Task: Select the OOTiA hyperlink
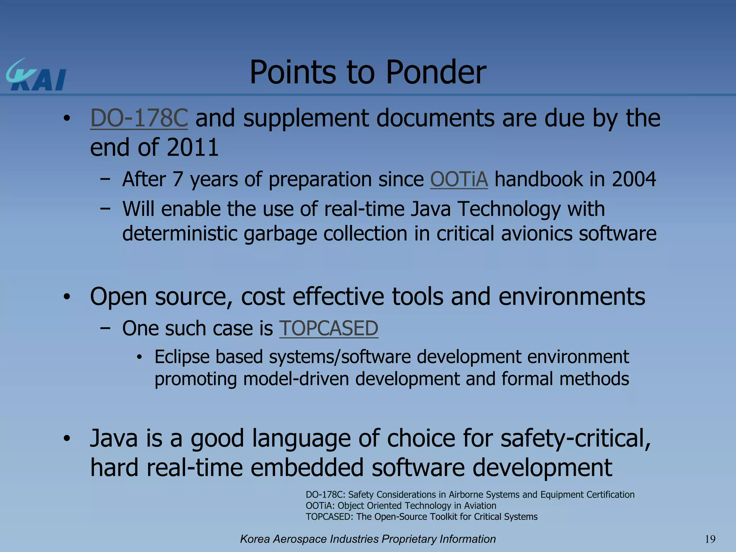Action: tap(459, 179)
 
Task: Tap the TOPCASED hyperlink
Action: tap(328, 328)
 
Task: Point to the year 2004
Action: tap(634, 179)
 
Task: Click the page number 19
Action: tap(710, 539)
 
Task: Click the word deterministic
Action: tap(180, 234)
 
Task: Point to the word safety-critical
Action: tap(575, 439)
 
